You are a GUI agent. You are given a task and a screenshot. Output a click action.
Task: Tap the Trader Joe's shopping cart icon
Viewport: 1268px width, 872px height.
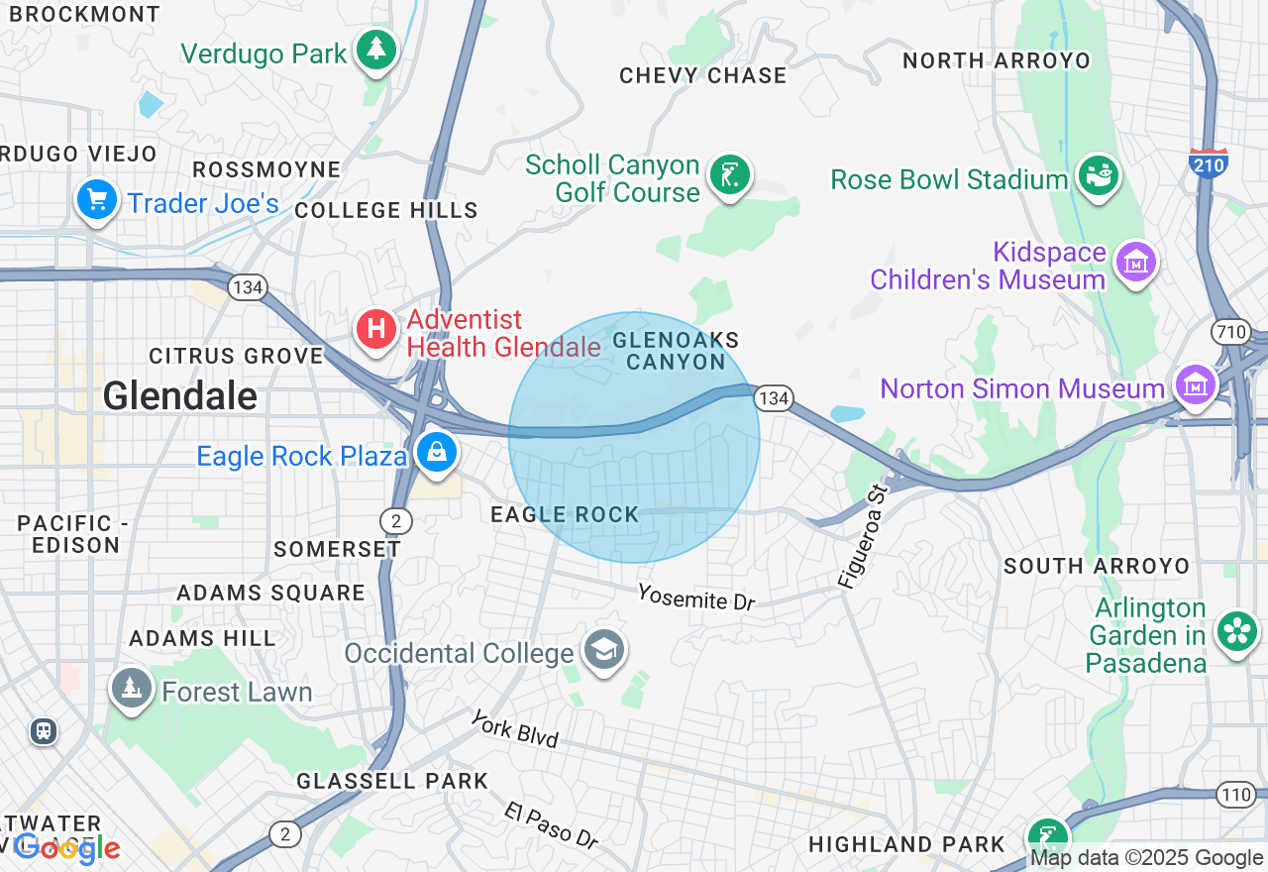96,200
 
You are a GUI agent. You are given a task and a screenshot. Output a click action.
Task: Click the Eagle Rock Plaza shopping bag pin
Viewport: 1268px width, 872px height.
435,453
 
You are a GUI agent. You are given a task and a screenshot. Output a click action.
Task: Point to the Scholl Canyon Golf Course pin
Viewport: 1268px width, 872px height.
730,175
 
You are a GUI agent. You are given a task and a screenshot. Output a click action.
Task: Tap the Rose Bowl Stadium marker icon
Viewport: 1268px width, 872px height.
1098,176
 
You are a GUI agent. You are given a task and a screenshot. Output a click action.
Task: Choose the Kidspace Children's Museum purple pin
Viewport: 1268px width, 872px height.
1135,263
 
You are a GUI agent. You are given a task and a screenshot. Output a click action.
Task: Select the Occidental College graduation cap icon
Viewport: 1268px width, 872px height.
603,650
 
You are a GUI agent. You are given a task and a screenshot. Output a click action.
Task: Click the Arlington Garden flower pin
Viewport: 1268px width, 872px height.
1236,631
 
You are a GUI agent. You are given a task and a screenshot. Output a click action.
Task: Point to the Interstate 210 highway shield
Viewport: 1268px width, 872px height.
1209,163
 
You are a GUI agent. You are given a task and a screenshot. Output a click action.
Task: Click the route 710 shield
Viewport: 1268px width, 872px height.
1231,331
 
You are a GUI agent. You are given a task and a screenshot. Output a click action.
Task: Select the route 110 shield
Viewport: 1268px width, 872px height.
1235,794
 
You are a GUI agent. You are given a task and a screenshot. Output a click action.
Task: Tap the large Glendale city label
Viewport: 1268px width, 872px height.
180,396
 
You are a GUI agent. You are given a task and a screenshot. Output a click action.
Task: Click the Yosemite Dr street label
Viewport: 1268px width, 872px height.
695,598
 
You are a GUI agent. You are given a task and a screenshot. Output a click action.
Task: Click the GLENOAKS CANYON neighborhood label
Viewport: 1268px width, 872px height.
676,351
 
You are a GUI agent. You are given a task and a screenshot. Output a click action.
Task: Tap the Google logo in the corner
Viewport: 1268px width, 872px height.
66,848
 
